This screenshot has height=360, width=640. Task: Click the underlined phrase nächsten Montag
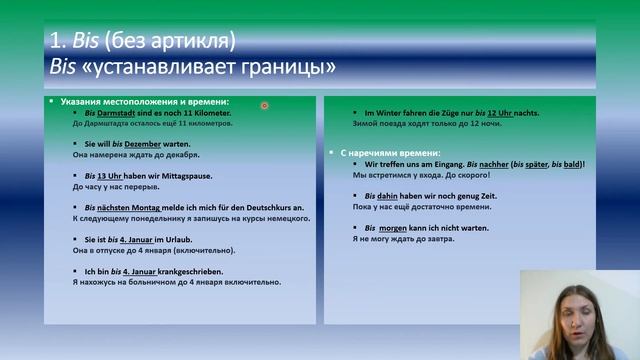tap(127, 207)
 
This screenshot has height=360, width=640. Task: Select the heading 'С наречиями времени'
tap(380, 151)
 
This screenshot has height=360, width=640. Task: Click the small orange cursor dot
tap(264, 105)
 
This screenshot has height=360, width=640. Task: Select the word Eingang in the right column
tap(465, 163)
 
